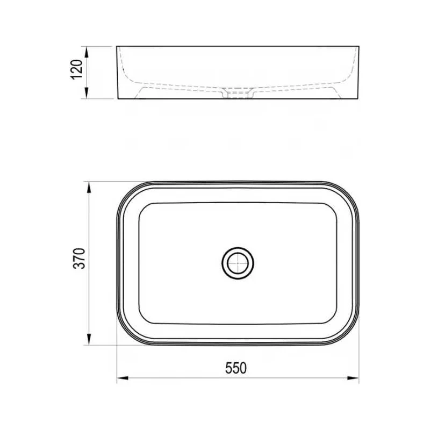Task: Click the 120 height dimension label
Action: tap(76, 69)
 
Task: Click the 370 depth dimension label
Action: tap(79, 259)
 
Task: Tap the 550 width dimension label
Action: tap(236, 368)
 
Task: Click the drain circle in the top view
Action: tap(238, 263)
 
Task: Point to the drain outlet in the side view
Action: tap(238, 93)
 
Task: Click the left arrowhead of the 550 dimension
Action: tap(123, 378)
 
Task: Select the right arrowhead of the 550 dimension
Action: tap(353, 378)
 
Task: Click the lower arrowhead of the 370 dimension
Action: tap(89, 339)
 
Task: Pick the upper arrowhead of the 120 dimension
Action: tap(87, 52)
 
